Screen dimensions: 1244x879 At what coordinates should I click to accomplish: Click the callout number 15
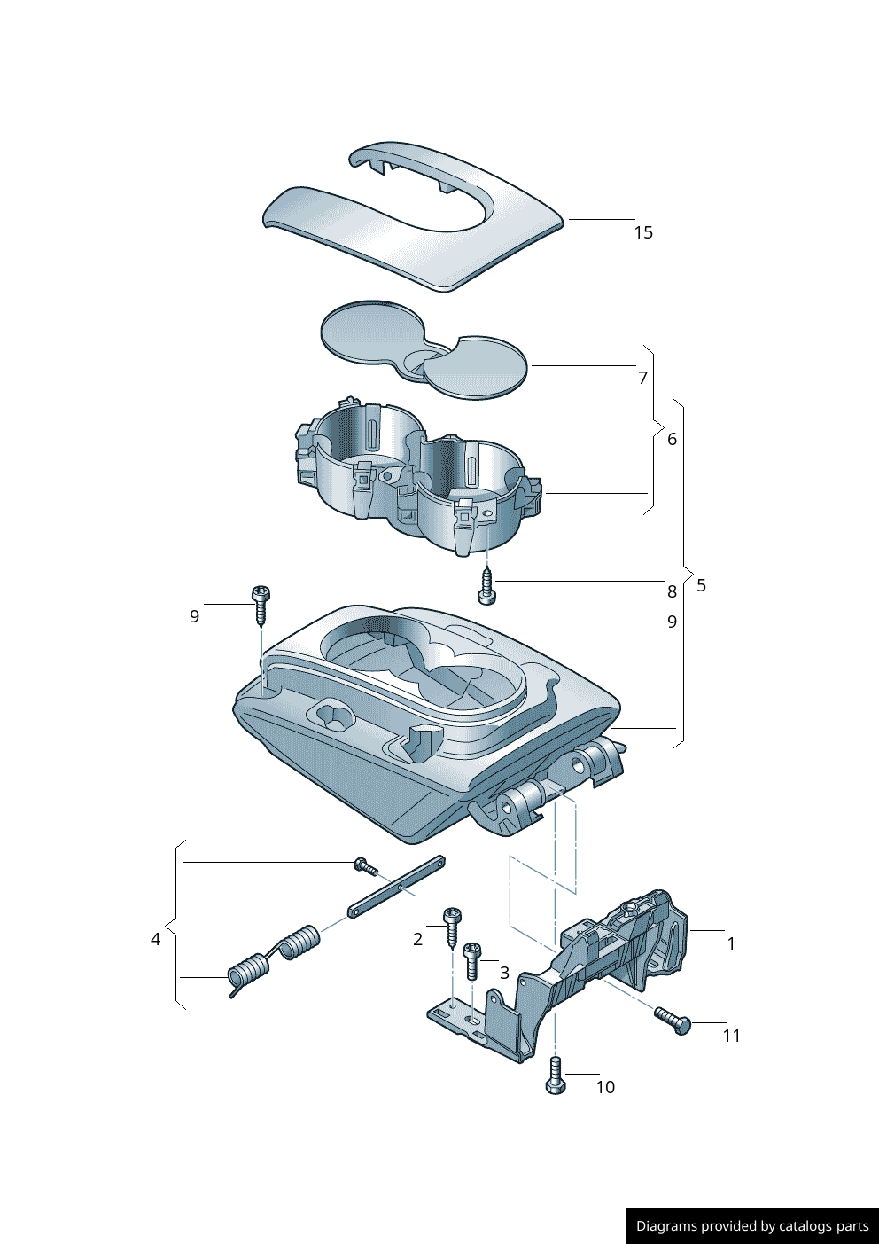[643, 232]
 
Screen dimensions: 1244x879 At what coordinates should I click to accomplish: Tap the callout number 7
[643, 378]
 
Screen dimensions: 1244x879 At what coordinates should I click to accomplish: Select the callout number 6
[672, 439]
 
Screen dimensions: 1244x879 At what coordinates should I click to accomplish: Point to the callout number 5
[702, 585]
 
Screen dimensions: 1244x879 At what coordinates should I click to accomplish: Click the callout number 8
[672, 591]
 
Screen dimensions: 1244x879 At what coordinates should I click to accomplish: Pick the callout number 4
[156, 939]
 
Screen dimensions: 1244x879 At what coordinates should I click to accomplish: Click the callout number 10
[605, 1087]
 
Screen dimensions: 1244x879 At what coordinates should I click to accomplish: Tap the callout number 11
[731, 1036]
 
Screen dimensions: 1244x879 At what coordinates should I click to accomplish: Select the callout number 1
[731, 943]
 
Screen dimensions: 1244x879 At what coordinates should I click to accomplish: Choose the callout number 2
[418, 939]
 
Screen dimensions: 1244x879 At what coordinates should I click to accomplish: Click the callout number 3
[504, 973]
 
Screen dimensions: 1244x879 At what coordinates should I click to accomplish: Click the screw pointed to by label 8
[486, 588]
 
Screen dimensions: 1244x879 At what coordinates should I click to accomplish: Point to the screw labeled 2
[453, 927]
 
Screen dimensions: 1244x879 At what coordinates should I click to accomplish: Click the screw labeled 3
[472, 960]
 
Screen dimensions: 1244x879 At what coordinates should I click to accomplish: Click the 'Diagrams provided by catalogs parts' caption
[752, 1226]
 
